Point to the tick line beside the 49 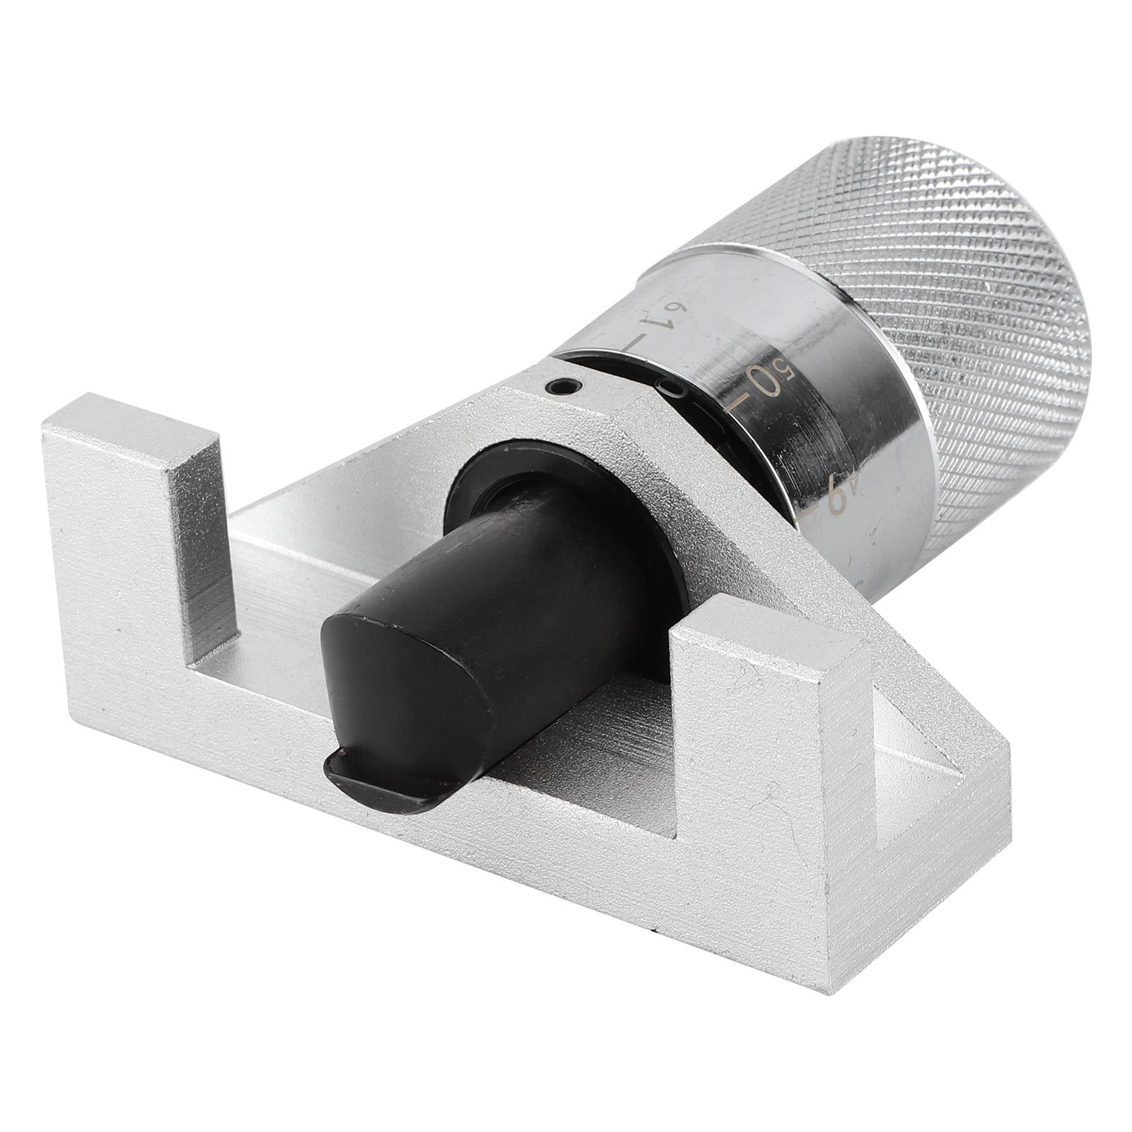point(824,520)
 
